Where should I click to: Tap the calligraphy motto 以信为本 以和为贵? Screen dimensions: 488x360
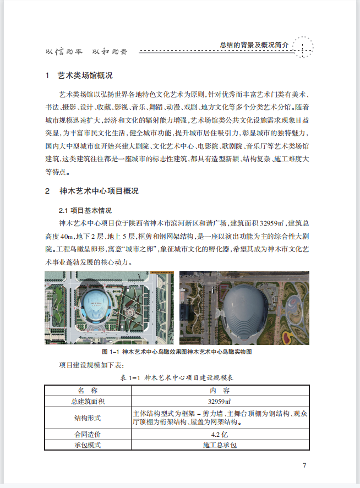(85, 52)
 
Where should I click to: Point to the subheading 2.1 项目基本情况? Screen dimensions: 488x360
(85, 211)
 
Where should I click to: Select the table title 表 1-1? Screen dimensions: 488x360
(177, 377)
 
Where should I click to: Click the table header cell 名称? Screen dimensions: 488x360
(88, 390)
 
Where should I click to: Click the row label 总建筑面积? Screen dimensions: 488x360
(88, 401)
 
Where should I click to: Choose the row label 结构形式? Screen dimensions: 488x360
(88, 418)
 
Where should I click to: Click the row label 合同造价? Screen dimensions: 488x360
(88, 435)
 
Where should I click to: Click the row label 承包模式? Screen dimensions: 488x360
(88, 445)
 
